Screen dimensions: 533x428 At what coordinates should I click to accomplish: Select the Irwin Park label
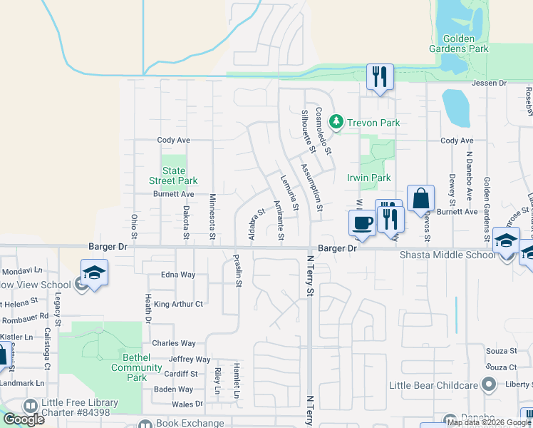point(368,178)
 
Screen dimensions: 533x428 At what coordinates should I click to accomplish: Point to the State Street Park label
point(174,175)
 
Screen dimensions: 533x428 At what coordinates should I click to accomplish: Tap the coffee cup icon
point(361,223)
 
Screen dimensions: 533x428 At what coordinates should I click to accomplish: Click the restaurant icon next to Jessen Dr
point(379,76)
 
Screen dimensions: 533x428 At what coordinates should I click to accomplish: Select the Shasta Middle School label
point(446,255)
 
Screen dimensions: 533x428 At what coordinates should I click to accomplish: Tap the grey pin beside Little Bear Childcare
point(488,385)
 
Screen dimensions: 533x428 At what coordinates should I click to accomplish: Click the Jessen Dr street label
point(489,83)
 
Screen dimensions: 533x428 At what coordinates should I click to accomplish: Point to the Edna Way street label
point(178,275)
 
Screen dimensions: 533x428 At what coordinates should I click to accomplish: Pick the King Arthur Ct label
point(178,304)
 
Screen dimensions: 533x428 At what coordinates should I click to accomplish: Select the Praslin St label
point(239,269)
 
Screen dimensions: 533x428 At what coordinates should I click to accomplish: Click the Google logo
point(23,419)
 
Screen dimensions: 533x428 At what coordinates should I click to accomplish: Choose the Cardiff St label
point(180,374)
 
